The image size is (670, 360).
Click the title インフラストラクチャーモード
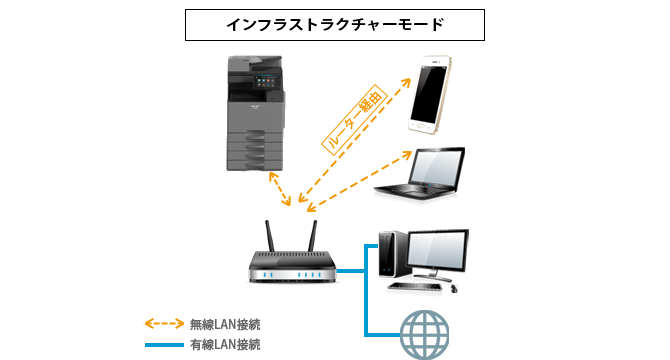tap(335, 25)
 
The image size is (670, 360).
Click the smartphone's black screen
tap(429, 94)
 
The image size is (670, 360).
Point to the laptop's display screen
tap(436, 166)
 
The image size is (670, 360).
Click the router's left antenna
tap(270, 236)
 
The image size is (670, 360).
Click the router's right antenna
tap(313, 236)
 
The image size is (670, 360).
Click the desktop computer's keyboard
tap(414, 287)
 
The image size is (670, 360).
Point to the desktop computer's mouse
tap(454, 289)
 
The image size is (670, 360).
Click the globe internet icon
tap(424, 334)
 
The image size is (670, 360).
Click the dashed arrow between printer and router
tap(280, 189)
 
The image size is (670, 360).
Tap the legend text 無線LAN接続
tap(225, 325)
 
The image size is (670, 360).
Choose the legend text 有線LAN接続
tap(225, 345)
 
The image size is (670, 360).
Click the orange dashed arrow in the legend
tap(165, 324)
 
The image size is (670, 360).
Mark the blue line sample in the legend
tap(165, 345)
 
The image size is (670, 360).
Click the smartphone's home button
tap(420, 126)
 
